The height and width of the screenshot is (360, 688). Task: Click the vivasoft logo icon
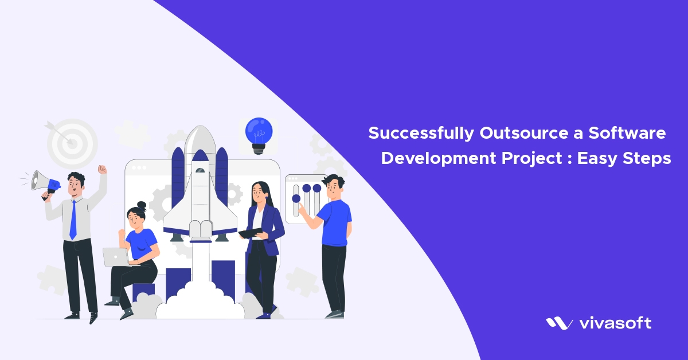coord(558,323)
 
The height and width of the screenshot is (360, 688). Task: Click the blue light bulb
coord(259,132)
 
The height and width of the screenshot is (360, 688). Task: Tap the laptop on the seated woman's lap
coord(116,257)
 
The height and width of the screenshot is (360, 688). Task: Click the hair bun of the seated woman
coord(142,205)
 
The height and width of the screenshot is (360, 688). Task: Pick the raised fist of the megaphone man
coord(102,170)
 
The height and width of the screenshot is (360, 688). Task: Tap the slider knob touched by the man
coord(296,199)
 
